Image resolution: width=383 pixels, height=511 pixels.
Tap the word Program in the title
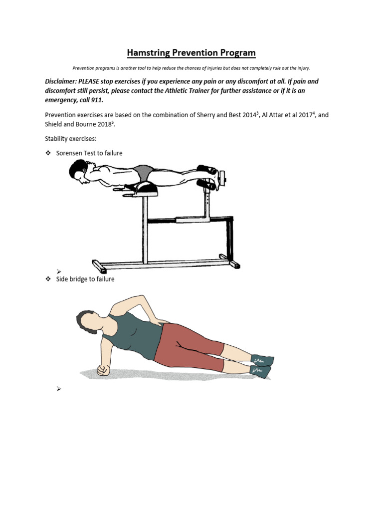tap(236, 53)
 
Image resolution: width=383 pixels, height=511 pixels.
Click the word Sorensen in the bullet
tap(69, 153)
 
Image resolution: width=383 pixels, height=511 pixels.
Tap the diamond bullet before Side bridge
tap(48, 279)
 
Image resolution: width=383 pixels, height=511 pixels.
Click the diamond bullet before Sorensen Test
tap(48, 153)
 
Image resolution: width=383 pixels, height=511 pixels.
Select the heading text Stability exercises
tap(70, 139)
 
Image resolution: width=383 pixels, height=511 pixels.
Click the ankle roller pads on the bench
tap(206, 177)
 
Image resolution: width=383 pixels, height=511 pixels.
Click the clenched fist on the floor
tap(103, 370)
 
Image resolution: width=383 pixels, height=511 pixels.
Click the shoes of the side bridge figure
tap(262, 366)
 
